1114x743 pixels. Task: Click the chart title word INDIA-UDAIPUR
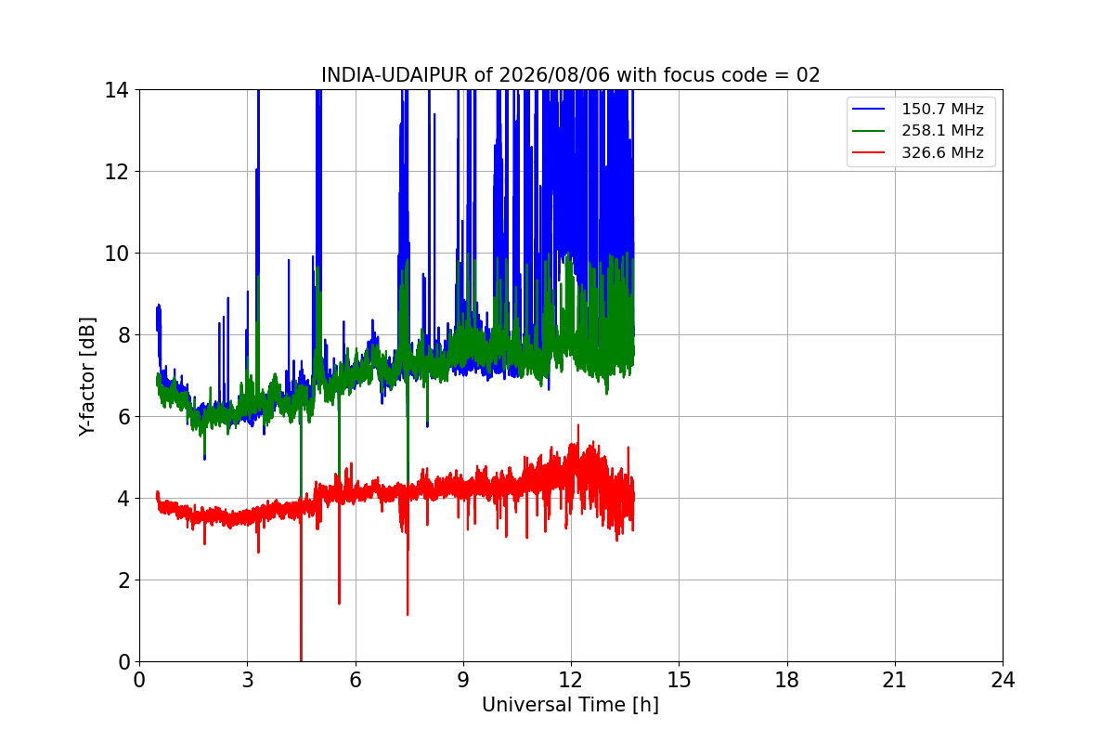[x=395, y=75]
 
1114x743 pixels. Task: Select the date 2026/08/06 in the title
[x=554, y=75]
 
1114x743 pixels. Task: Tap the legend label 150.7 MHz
[x=942, y=109]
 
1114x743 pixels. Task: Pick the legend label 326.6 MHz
[x=942, y=152]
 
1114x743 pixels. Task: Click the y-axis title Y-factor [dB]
[x=87, y=376]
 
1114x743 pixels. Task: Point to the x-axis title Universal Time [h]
[x=570, y=705]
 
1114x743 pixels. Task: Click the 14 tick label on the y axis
[x=116, y=91]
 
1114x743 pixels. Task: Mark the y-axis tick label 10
[x=116, y=254]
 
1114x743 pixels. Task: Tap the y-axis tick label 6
[x=123, y=417]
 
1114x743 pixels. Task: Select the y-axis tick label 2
[x=123, y=580]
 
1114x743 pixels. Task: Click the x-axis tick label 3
[x=248, y=680]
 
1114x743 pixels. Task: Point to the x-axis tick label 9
[x=463, y=680]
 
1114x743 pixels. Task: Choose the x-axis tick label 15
[x=680, y=680]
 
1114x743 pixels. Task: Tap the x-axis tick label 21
[x=895, y=680]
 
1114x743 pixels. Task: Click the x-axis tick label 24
[x=1003, y=680]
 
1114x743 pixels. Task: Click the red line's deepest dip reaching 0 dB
[x=301, y=660]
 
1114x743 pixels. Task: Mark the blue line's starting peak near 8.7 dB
[x=159, y=305]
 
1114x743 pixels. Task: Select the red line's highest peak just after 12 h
[x=577, y=425]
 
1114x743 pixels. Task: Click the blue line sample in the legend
[x=868, y=109]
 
